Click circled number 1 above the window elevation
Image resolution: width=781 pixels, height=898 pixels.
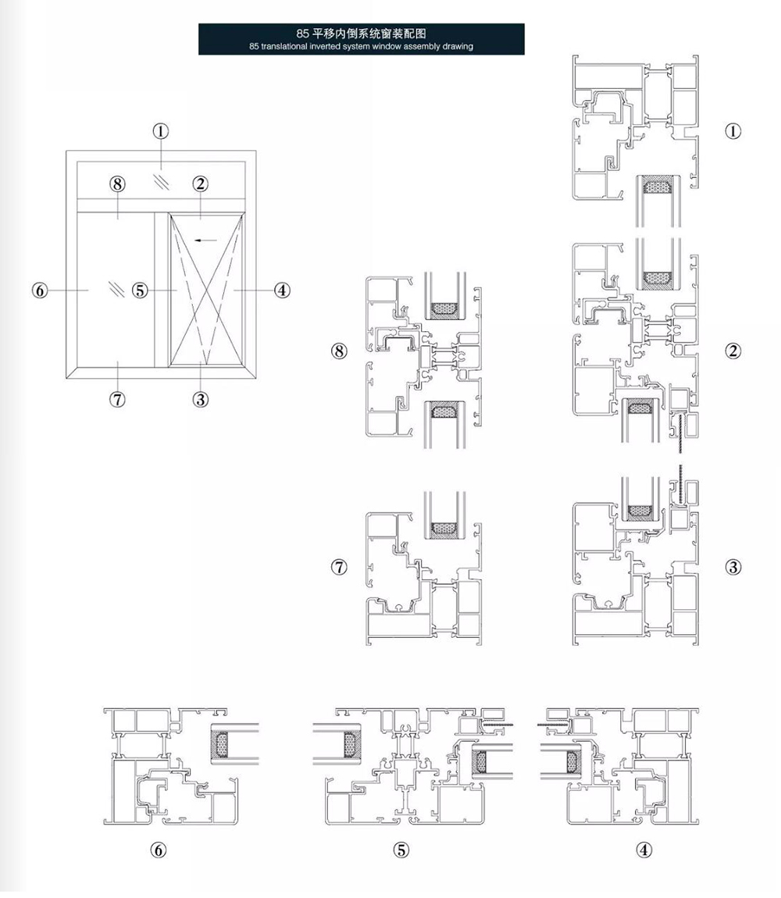(x=161, y=131)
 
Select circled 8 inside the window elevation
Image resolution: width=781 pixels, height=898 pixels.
(x=117, y=184)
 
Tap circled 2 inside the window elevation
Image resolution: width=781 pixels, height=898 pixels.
(x=200, y=184)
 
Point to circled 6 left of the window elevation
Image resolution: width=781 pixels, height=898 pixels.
(x=40, y=290)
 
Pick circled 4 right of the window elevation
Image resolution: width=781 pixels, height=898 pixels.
(x=282, y=290)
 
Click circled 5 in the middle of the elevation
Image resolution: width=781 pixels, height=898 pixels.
(x=140, y=290)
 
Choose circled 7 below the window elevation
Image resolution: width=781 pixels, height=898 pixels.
(x=117, y=399)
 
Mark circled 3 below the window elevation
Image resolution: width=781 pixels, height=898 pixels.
(x=200, y=399)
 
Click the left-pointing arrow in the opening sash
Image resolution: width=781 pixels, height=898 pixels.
(x=206, y=240)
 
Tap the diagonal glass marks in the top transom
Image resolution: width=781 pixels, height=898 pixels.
(x=162, y=182)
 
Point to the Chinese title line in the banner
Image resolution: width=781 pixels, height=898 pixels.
(x=361, y=34)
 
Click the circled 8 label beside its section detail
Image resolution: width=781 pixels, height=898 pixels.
(x=339, y=351)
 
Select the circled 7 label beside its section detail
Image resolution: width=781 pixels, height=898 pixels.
(x=339, y=567)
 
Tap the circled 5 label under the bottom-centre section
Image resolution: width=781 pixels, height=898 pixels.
(x=401, y=850)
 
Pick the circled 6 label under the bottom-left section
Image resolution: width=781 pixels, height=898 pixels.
(x=158, y=850)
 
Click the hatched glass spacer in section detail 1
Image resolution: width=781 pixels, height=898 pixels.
(x=658, y=186)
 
